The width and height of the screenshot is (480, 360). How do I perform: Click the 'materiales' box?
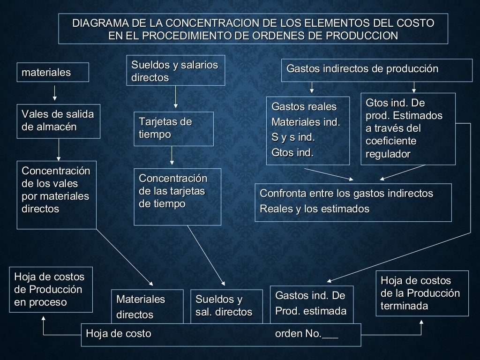pos(53,72)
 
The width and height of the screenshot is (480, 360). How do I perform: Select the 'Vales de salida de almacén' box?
pos(59,121)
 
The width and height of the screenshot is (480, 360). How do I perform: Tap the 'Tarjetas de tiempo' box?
pos(173,128)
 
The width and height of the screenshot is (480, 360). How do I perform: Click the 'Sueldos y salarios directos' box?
pos(175,71)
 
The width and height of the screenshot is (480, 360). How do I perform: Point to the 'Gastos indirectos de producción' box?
pos(376,69)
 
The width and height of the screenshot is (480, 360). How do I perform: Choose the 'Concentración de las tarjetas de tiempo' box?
pos(177,196)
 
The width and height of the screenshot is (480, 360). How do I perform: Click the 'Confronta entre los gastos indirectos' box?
pos(353,202)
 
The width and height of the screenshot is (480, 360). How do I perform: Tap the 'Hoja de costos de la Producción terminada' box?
pos(422,293)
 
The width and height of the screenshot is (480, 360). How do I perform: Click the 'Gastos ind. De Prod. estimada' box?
pos(310,303)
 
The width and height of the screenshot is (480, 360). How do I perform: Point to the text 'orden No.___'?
pos(306,334)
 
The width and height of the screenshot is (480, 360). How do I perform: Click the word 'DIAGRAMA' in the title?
pos(99,23)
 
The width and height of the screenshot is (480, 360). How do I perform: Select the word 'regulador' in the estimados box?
pos(388,154)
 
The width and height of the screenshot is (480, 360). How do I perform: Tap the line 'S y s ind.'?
pos(293,138)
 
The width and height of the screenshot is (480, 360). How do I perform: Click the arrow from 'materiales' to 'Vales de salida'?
pos(55,93)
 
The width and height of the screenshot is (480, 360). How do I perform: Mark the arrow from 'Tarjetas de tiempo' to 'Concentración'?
pos(172,155)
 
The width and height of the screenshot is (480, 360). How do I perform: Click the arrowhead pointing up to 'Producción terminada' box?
pos(421,323)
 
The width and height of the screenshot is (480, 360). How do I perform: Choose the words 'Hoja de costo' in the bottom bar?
pos(119,334)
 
